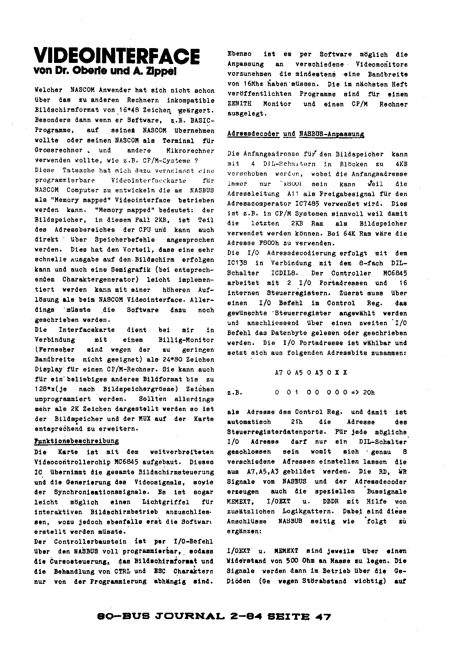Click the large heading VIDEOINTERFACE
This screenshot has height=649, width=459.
116,56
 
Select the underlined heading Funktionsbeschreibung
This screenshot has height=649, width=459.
77,441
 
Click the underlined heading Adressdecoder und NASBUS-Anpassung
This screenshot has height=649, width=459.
296,134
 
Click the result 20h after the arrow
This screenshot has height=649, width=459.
369,392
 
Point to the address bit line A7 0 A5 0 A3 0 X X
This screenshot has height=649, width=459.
311,373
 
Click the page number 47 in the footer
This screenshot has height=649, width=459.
322,617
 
